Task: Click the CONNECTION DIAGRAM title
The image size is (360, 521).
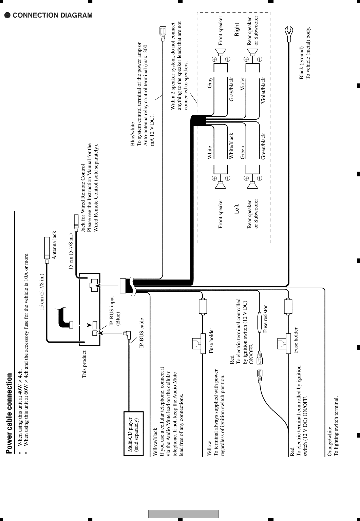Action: coord(49,15)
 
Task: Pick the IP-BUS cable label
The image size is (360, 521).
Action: coord(142,333)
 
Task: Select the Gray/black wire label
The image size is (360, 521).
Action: coord(231,90)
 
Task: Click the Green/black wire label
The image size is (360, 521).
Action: coord(263,146)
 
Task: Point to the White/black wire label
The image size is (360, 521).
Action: coord(231,146)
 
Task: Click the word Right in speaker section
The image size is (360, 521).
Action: coord(237,30)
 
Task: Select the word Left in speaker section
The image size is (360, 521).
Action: coord(237,209)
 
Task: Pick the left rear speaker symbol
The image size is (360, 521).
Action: coord(252,185)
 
